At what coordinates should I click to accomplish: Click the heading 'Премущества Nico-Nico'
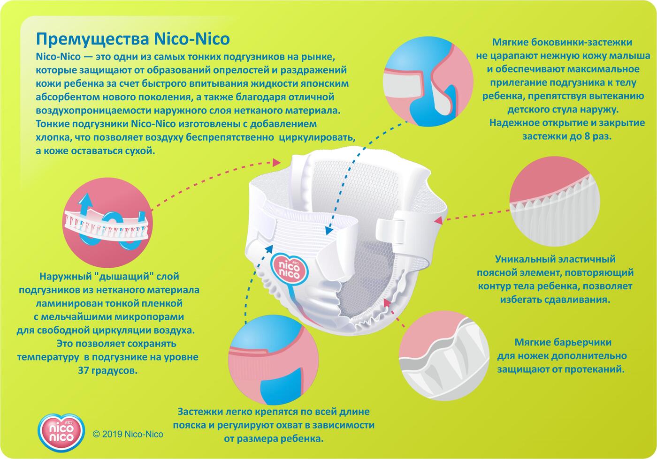coord(132,39)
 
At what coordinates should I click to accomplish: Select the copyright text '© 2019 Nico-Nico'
coord(128,434)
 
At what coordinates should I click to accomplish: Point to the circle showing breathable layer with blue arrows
coord(107,222)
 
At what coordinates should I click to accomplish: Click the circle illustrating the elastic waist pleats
coord(555,201)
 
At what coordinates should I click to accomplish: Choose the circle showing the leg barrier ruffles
coord(444,355)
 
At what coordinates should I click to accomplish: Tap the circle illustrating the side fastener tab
coord(428,82)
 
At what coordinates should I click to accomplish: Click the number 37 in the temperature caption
coord(84,371)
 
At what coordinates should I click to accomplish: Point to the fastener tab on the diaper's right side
coord(390,232)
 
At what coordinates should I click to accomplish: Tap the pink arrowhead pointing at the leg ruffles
coord(387,302)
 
